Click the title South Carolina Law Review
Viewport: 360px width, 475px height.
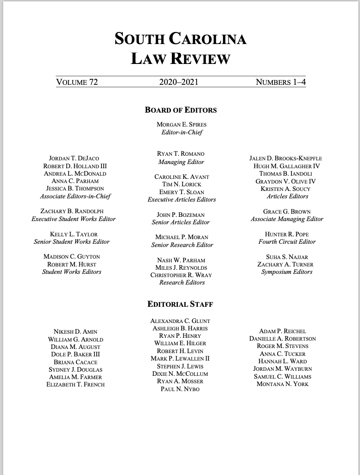180,49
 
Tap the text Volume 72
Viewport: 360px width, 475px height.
77,82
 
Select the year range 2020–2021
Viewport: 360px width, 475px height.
179,82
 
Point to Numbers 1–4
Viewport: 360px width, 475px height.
281,82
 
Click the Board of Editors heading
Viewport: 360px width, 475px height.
181,110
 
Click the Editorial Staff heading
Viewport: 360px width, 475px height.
180,304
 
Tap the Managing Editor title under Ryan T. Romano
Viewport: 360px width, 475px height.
181,162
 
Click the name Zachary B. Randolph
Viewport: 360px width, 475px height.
72,211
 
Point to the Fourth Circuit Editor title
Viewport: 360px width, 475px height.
287,241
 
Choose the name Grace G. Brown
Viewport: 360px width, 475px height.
287,211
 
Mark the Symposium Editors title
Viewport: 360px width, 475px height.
287,272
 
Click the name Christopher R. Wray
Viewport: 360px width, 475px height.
182,275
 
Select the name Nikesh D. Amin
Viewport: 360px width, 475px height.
76,332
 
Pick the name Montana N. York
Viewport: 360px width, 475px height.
282,384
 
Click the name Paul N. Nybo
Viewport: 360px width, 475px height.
180,389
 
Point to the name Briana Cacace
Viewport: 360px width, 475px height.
76,362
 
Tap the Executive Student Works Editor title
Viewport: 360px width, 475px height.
74,219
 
